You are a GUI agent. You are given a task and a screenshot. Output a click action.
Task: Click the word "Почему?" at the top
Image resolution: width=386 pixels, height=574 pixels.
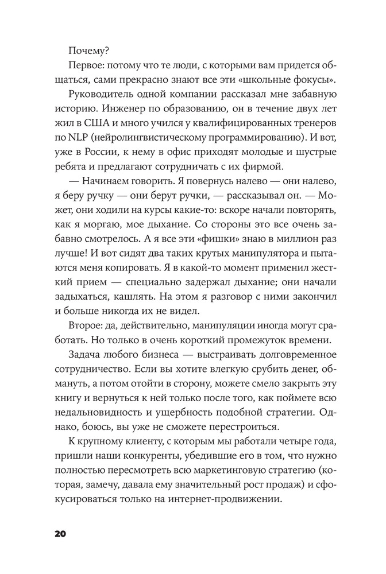[88, 50]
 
